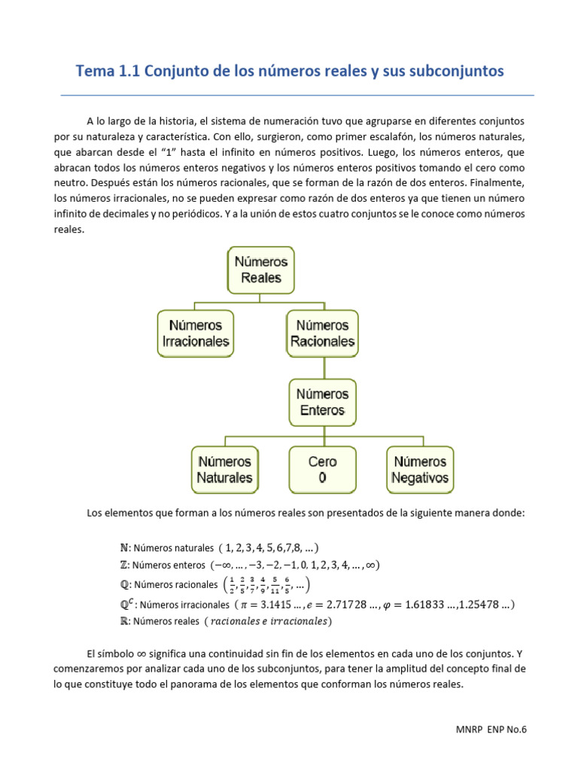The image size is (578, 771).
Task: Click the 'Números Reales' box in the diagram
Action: pyautogui.click(x=261, y=270)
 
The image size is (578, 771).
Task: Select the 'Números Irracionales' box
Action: pyautogui.click(x=196, y=334)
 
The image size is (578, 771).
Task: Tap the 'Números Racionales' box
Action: pyautogui.click(x=323, y=334)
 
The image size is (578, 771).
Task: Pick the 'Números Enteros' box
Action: pyautogui.click(x=323, y=402)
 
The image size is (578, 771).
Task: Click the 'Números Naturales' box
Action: pyautogui.click(x=225, y=469)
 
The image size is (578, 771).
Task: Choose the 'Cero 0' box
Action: pyautogui.click(x=323, y=469)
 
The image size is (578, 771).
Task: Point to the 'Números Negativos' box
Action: pyautogui.click(x=420, y=469)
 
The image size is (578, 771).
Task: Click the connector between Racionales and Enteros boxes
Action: pyautogui.click(x=324, y=367)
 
